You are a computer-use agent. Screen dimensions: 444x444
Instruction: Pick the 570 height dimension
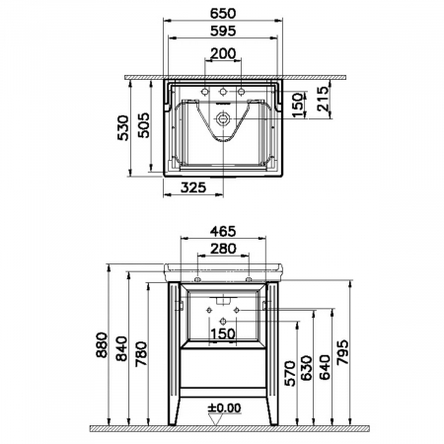291,372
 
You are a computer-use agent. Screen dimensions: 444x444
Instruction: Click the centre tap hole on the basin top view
222,95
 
